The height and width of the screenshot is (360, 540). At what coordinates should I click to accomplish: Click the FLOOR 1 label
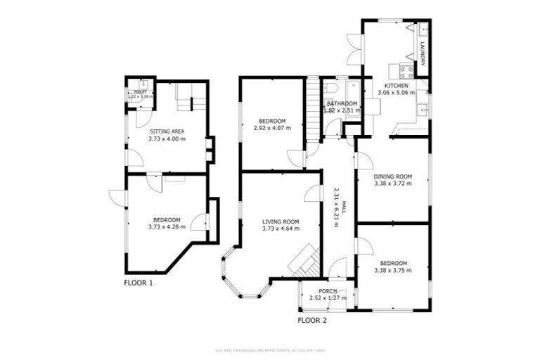coord(138,283)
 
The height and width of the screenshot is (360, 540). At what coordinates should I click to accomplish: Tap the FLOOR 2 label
coord(311,321)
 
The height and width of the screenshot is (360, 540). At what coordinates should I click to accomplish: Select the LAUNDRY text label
coord(422,56)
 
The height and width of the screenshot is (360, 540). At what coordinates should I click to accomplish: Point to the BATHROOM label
coord(342,103)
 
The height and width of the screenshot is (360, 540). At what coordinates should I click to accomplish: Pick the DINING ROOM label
coord(392,176)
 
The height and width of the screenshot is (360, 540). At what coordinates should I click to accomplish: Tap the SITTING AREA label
coord(167,131)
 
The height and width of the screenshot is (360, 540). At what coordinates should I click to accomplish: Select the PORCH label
coord(328,291)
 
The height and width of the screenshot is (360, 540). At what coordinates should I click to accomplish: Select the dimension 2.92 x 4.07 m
coord(272,128)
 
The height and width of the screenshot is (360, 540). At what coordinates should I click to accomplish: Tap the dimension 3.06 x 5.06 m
coord(397,92)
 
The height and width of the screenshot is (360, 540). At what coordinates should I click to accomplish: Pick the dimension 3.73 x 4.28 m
coord(167,226)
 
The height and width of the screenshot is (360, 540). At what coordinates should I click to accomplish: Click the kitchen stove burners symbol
coord(405,70)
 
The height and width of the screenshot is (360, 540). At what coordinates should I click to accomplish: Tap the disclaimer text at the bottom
coord(270,349)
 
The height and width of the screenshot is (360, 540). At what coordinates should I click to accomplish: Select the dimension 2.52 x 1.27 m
coord(328,298)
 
